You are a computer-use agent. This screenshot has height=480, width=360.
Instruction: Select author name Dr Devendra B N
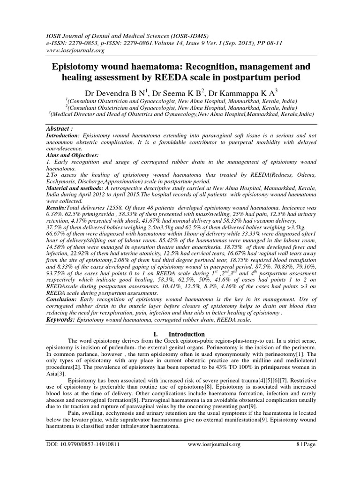[119, 92]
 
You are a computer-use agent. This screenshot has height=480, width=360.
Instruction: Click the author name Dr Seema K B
[187, 92]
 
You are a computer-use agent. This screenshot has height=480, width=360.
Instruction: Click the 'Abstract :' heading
[63, 128]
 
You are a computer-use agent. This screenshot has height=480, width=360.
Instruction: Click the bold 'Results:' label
[56, 207]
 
